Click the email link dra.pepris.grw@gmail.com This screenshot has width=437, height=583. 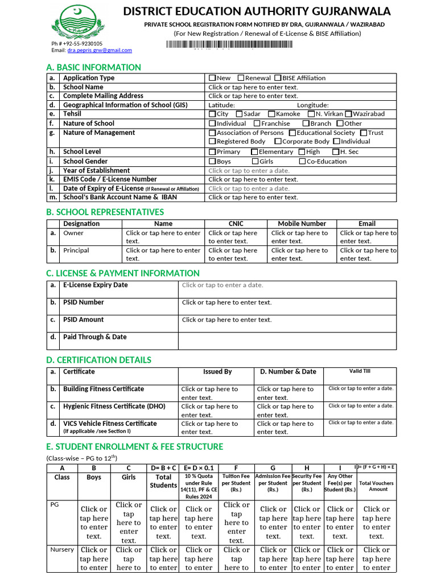pos(100,50)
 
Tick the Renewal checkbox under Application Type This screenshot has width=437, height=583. pos(241,78)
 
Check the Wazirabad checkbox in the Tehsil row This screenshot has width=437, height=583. pos(348,114)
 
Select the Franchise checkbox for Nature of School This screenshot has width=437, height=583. pos(257,124)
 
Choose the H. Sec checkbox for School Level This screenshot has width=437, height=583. pos(336,152)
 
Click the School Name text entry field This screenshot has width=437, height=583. pos(253,87)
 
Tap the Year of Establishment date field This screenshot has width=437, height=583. pos(249,170)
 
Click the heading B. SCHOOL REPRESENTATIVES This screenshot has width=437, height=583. pos(105,212)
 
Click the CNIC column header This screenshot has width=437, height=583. pos(236,224)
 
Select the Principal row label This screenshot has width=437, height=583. pos(76,251)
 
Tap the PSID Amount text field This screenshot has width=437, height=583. pos(227,320)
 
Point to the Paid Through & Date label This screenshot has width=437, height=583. pos(94,337)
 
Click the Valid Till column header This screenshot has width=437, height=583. pos(360,371)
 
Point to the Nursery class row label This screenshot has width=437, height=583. pos(62,550)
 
